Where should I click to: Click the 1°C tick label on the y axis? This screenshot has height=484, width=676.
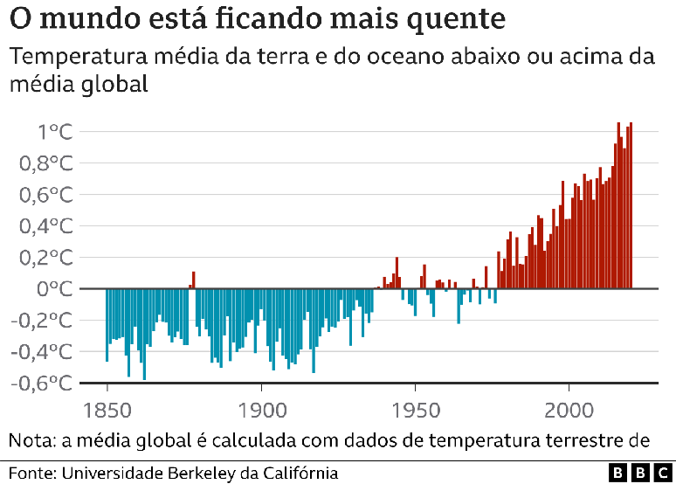(x=53, y=132)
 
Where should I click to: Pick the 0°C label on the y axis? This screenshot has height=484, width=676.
(x=53, y=289)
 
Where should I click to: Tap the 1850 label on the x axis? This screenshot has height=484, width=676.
(x=107, y=410)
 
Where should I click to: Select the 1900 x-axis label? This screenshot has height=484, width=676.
(x=261, y=410)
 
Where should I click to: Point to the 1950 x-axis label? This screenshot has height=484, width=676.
(x=415, y=410)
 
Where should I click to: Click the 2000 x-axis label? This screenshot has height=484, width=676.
(x=569, y=410)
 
